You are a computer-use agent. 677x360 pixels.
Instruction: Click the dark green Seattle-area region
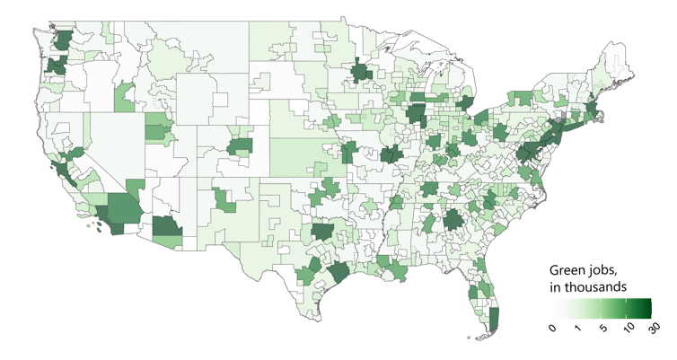tap(64, 40)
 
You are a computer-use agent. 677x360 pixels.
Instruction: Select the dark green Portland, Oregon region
tap(56, 66)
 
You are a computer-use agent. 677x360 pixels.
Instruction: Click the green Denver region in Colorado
tap(241, 145)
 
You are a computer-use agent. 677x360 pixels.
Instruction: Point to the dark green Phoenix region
tap(166, 228)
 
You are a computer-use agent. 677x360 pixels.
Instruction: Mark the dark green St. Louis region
tap(391, 154)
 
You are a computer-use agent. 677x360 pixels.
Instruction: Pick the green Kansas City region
tap(348, 152)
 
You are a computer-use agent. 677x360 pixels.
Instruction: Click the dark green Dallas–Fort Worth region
tap(322, 232)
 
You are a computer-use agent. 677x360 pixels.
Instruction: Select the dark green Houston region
tap(338, 270)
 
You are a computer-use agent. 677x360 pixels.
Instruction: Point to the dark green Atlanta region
tap(453, 218)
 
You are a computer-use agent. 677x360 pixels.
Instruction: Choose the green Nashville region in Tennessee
tap(430, 189)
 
